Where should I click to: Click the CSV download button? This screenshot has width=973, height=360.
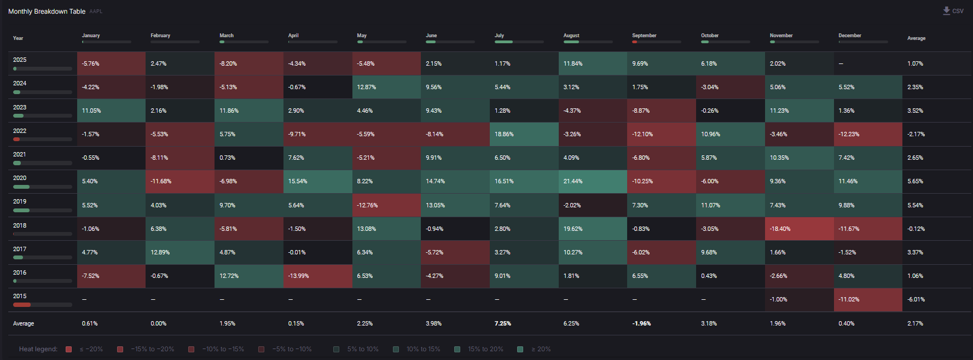[953, 11]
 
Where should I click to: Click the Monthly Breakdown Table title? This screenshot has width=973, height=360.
[47, 11]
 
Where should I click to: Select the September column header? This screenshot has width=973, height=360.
[644, 36]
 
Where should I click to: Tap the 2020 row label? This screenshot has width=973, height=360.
[20, 178]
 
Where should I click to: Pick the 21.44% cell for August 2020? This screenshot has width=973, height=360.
[593, 182]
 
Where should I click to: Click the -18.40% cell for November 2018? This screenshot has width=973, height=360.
[799, 229]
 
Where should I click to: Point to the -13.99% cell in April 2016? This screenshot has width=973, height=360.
[317, 276]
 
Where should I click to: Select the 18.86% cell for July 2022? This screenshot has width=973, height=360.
[524, 134]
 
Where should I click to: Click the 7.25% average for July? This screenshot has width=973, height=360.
[503, 324]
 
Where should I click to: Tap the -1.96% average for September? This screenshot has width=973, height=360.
[641, 324]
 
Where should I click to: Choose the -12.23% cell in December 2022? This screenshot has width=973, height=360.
[867, 134]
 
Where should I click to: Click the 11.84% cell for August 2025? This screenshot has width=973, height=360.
[593, 63]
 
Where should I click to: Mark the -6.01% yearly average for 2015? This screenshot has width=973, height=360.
[916, 300]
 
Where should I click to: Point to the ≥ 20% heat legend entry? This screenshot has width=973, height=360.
[535, 349]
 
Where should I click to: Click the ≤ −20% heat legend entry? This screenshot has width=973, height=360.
[85, 349]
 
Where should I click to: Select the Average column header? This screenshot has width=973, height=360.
[916, 38]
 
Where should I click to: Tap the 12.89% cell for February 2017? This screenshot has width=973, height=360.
[180, 252]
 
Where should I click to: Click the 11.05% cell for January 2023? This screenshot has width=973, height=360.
[111, 111]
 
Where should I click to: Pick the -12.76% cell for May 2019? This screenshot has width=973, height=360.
[386, 205]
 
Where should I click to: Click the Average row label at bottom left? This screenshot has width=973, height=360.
[24, 324]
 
